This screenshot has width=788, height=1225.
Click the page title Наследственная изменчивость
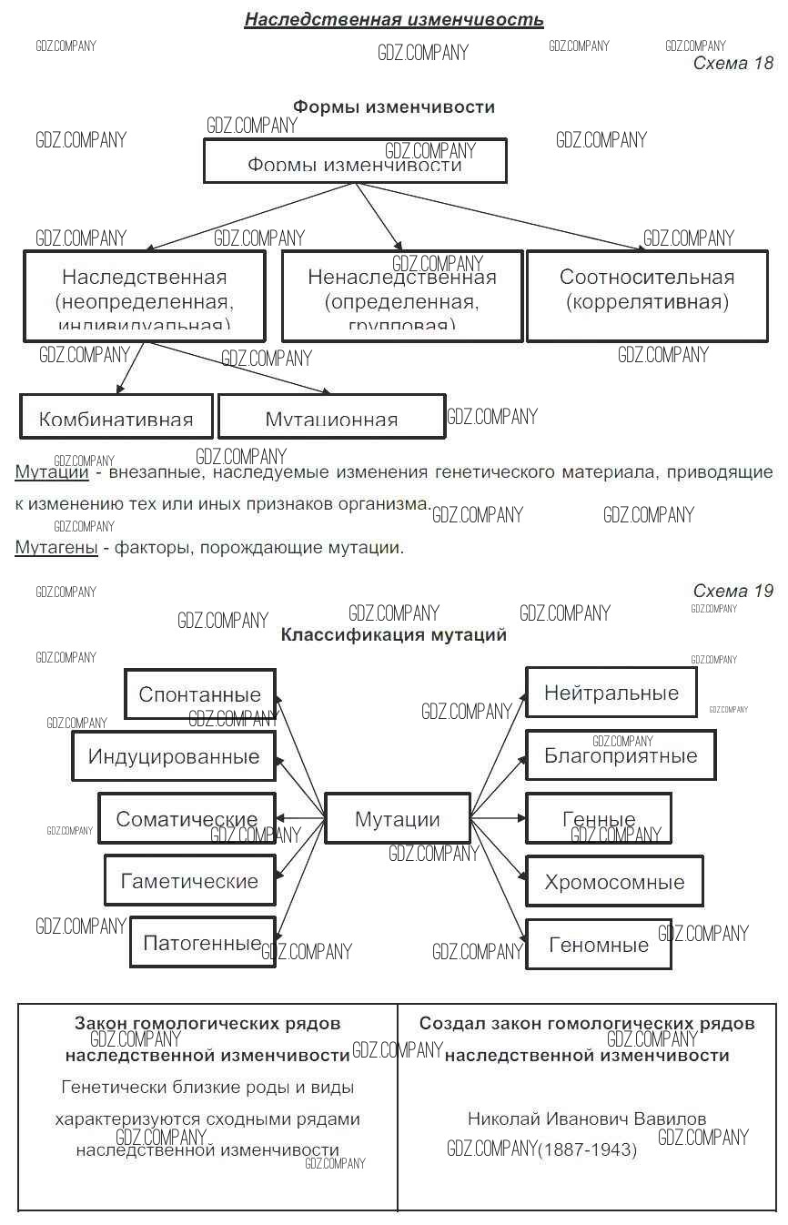pos(393,19)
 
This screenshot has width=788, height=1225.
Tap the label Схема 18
pos(732,63)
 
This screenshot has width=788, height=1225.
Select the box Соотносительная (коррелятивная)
pos(647,296)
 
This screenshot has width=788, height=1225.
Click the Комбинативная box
pos(116,416)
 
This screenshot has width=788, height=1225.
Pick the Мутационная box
pos(331,416)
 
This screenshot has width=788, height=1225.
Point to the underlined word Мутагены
pos(56,548)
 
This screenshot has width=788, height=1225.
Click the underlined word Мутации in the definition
pos(51,472)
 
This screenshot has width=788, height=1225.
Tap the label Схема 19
pos(732,592)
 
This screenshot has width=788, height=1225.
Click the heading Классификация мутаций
pos(393,635)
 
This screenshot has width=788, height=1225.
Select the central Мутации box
pos(398,818)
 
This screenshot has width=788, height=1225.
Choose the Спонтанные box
pos(200,694)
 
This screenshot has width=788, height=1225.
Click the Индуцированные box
pos(174,756)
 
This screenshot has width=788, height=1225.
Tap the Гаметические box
pos(189,881)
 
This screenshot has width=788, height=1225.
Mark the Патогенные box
pos(202,943)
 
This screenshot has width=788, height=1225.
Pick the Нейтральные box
pos(611,693)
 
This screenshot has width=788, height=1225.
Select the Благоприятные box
pos(621,755)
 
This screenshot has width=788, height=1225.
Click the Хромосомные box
pos(614,881)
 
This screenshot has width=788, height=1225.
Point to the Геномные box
pos(599,944)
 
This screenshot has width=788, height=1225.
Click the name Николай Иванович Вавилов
pos(587,1119)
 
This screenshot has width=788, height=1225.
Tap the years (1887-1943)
pos(587,1150)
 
